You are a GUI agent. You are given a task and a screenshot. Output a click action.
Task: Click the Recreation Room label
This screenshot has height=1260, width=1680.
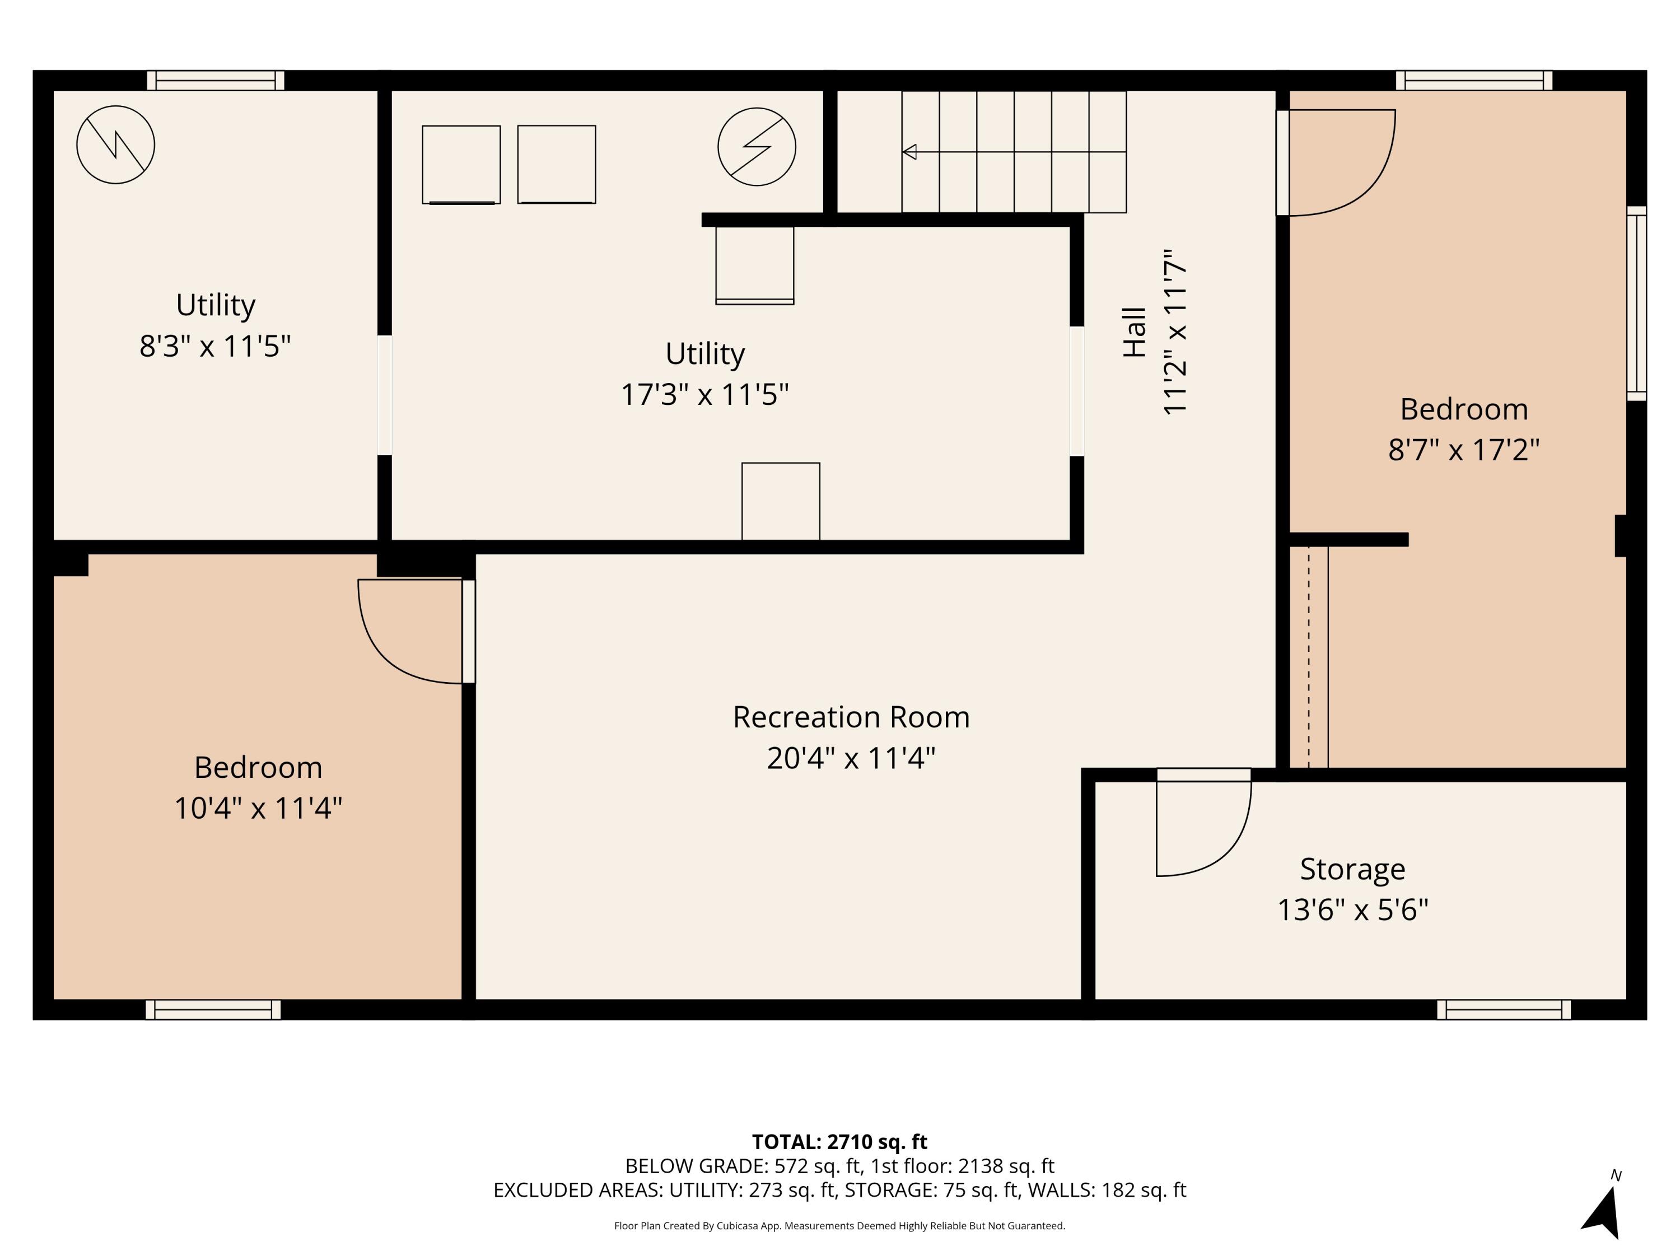[x=851, y=717]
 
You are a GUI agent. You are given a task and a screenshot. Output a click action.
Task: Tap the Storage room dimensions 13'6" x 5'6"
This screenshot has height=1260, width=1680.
[x=1352, y=909]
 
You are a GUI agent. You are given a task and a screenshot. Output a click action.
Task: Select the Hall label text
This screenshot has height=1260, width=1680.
[x=1135, y=332]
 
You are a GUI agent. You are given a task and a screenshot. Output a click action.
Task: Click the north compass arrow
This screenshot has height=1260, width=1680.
[x=1604, y=1213]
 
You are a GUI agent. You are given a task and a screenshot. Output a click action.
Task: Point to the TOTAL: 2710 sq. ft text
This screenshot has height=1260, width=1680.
[x=839, y=1141]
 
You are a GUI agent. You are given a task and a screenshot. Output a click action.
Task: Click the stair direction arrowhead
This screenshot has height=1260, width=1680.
[x=909, y=152]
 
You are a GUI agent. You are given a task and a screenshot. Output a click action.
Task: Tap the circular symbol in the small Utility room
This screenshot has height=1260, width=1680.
[x=115, y=144]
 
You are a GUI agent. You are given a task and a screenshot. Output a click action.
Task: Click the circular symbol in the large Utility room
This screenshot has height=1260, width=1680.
[x=757, y=147]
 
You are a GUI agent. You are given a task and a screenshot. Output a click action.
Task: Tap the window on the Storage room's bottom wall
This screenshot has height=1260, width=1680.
[x=1503, y=1009]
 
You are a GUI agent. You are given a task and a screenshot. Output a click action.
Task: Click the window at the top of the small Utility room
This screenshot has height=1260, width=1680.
[x=216, y=81]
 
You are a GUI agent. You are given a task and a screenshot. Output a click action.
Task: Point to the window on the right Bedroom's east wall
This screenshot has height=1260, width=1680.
[x=1636, y=303]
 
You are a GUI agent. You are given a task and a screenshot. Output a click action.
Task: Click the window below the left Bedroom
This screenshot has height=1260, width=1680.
[x=213, y=1009]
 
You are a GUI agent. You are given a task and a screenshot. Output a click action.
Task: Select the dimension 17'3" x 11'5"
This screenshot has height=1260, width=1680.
[x=705, y=394]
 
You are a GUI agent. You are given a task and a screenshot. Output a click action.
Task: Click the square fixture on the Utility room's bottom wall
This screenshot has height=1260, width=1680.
[x=780, y=501]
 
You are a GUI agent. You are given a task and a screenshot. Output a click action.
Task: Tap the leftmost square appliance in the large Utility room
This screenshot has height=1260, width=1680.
[x=461, y=165]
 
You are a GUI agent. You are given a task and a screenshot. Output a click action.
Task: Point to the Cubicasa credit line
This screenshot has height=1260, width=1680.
[x=839, y=1225]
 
